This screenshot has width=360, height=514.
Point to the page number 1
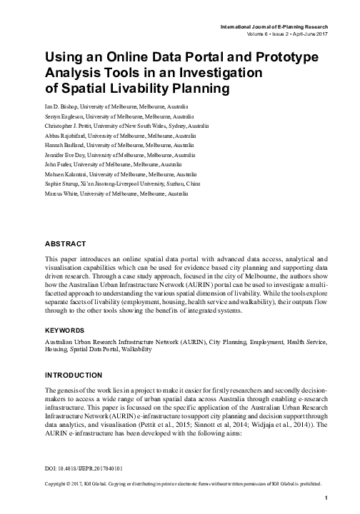(326, 497)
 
